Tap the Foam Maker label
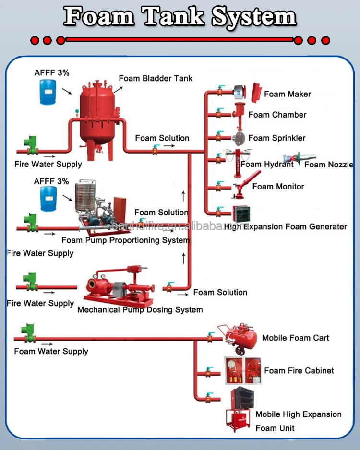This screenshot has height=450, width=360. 288,94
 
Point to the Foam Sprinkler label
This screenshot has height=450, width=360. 276,138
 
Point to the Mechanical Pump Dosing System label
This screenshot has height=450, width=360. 140,309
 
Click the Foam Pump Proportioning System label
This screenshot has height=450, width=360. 125,240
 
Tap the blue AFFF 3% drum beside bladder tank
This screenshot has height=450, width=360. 48,91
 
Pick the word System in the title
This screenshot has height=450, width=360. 254,17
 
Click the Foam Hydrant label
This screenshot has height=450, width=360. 267,164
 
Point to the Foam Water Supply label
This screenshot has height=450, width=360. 51,351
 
